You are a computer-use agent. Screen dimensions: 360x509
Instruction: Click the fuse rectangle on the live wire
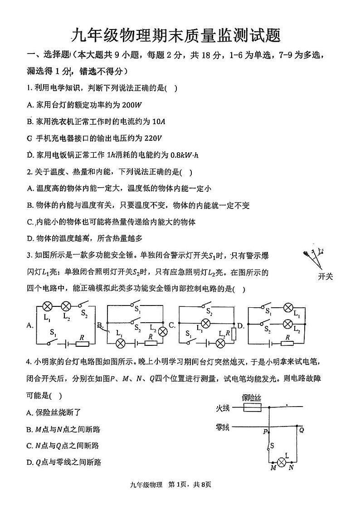[x=252, y=408]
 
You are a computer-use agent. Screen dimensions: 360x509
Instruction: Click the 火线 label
[x=223, y=408]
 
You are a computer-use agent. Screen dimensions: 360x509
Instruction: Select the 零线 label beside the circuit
[x=223, y=427]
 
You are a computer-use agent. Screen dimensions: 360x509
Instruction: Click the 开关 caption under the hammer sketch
[x=325, y=276]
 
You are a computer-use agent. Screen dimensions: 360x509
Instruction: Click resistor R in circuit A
[x=83, y=344]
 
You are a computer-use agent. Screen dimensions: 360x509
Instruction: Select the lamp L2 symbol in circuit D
[x=287, y=324]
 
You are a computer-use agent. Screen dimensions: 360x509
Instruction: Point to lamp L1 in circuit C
[x=205, y=324]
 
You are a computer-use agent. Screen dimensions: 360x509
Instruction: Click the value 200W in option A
[x=132, y=105]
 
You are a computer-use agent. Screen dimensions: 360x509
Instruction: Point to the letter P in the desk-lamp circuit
[x=264, y=431]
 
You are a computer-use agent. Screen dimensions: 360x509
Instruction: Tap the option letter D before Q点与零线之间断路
[x=29, y=462]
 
